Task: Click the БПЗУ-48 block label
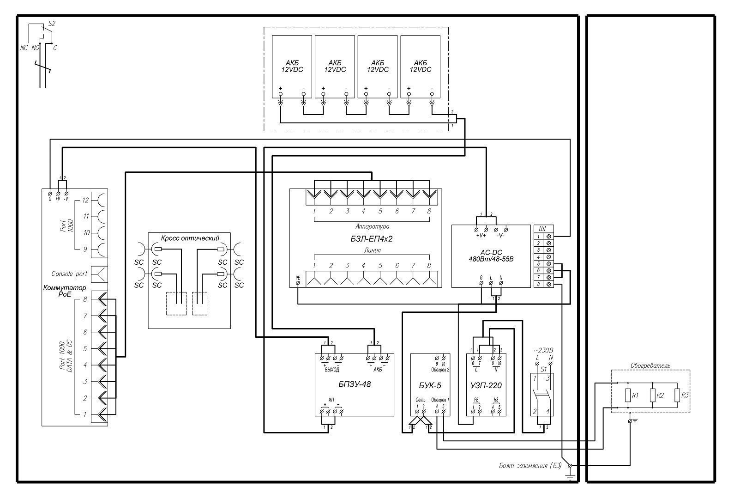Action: click(x=355, y=383)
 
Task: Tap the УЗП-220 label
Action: click(x=486, y=385)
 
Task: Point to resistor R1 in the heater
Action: click(x=628, y=396)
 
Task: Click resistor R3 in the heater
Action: click(x=677, y=396)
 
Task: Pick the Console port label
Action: click(x=69, y=274)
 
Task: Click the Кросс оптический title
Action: click(x=190, y=238)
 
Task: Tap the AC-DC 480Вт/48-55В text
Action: click(x=491, y=256)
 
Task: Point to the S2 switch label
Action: click(x=52, y=23)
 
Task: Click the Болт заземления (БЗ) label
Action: click(x=530, y=465)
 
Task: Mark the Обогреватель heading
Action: click(x=650, y=365)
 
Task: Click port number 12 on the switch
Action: click(x=85, y=201)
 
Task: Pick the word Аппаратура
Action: click(x=372, y=227)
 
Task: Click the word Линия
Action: click(x=372, y=250)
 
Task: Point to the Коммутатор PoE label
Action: click(x=65, y=291)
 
